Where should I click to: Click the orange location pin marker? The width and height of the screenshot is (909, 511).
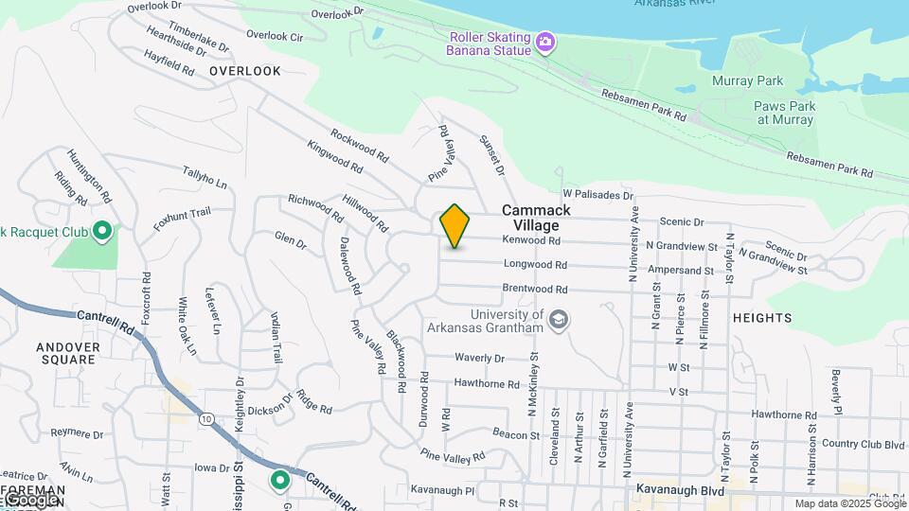point(455,225)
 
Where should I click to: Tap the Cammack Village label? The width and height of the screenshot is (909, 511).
point(536,218)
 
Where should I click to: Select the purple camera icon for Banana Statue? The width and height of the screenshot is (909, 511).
point(544,42)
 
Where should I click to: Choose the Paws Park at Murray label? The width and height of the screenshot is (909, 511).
point(783,114)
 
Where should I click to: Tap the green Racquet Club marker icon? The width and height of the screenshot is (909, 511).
point(102,231)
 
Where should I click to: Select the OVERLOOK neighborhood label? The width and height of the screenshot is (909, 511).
point(245,71)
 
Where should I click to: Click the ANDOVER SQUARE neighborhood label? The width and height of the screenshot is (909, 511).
point(67,353)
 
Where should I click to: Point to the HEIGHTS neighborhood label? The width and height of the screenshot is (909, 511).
point(761,318)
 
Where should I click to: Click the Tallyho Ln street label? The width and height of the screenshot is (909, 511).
point(205,175)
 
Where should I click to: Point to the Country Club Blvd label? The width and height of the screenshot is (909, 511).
point(864,443)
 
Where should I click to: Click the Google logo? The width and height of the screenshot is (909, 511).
point(30,499)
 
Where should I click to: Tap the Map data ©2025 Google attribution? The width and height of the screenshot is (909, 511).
point(849,504)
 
